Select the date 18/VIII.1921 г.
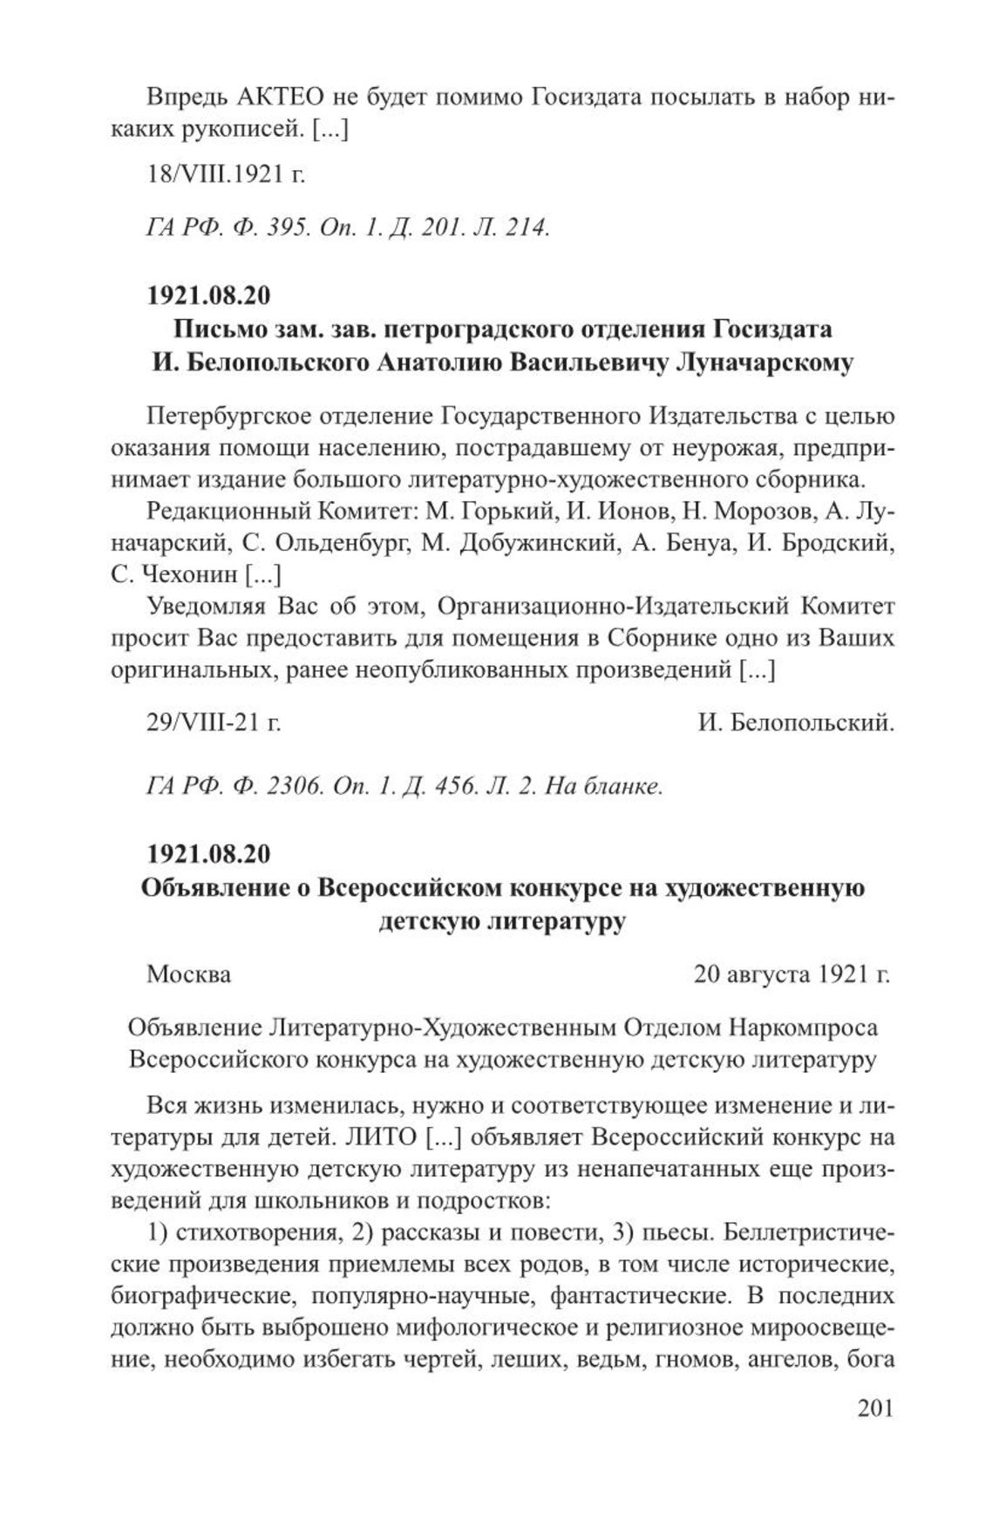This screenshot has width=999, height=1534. click(226, 174)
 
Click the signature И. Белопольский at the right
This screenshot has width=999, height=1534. click(796, 723)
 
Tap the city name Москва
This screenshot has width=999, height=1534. click(188, 973)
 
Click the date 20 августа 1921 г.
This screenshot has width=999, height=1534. click(792, 973)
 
